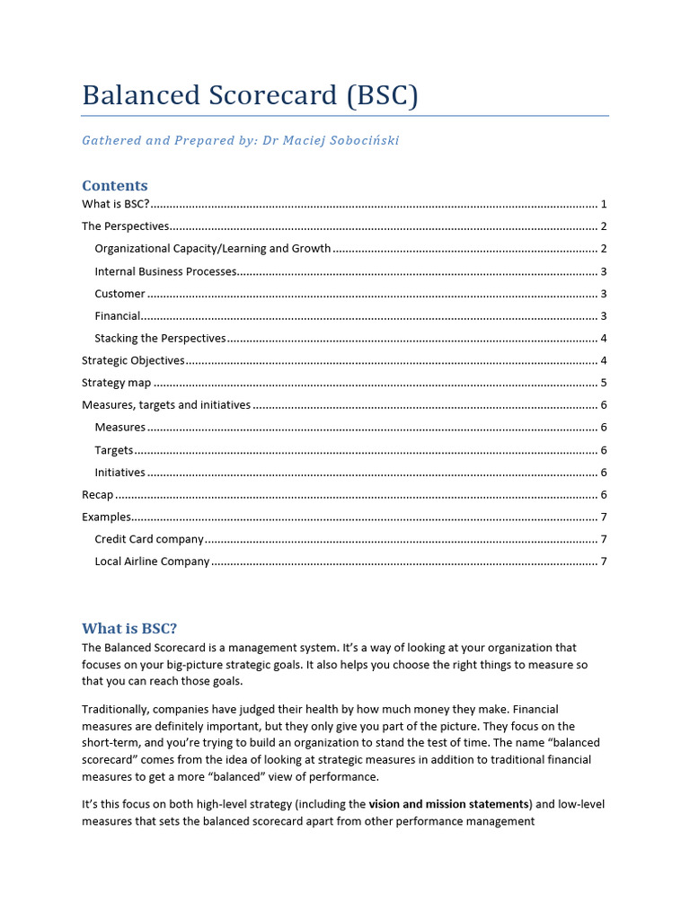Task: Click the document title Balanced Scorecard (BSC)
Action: [250, 95]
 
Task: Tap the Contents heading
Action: [115, 185]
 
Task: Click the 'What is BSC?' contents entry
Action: [116, 204]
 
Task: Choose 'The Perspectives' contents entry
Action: [125, 226]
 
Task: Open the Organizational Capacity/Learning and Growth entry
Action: [212, 249]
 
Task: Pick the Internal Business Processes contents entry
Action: [165, 271]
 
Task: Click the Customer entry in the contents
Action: [119, 294]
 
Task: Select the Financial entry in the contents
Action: [118, 316]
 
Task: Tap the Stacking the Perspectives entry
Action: [160, 339]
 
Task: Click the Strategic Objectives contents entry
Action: [133, 360]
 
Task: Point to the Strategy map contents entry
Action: [116, 383]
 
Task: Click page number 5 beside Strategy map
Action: [604, 383]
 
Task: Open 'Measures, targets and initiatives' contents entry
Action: [166, 405]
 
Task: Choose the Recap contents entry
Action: [98, 495]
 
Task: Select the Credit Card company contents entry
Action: [149, 539]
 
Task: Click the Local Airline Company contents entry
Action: [152, 562]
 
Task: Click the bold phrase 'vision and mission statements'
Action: [449, 804]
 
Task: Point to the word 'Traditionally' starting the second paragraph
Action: [116, 710]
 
